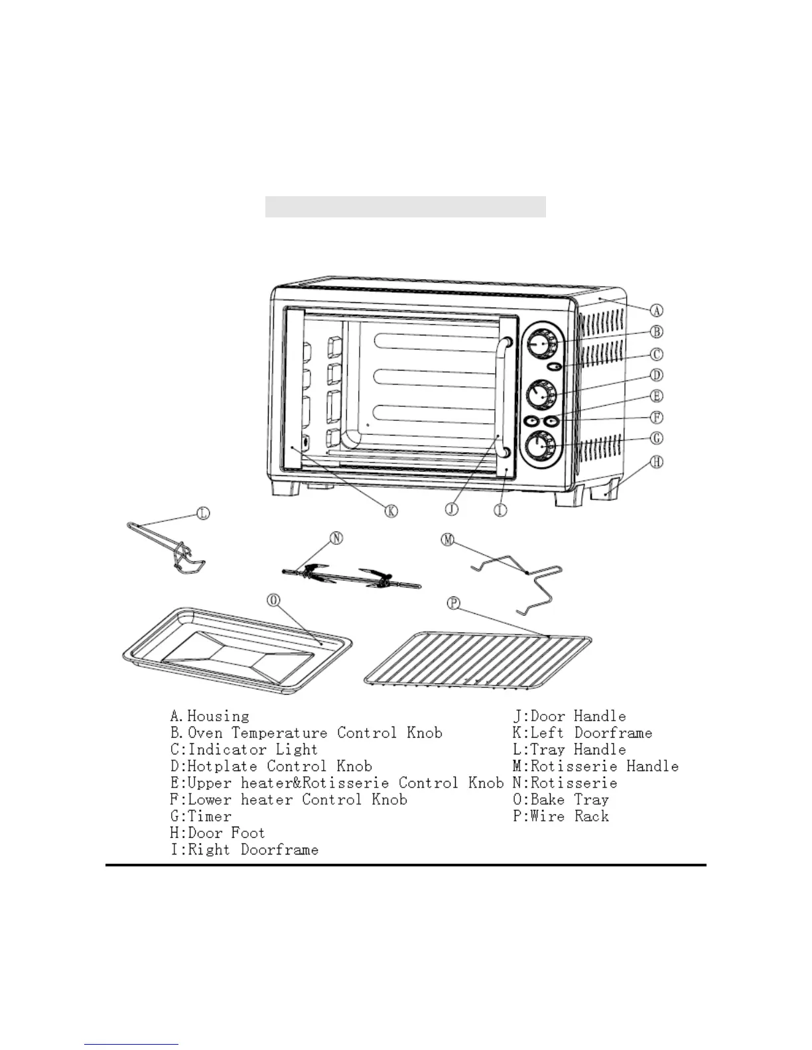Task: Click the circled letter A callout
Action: pos(655,310)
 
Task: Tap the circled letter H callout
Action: pos(656,462)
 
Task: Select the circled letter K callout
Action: pos(391,510)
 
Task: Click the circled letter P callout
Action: pos(454,603)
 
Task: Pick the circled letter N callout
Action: pos(336,538)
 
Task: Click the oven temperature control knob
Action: pos(541,343)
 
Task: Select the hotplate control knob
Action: pos(541,394)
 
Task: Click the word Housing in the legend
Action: pos(218,717)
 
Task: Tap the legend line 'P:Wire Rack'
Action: pos(561,817)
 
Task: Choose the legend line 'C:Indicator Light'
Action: pos(243,750)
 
